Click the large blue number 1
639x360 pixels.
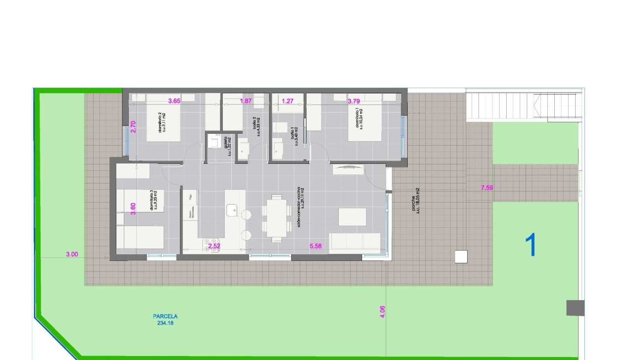[x=531, y=245]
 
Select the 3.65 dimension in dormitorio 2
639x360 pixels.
[x=174, y=101]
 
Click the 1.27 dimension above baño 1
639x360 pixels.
[x=288, y=101]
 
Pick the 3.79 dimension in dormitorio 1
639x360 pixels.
[x=353, y=101]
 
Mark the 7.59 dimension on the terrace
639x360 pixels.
[x=487, y=188]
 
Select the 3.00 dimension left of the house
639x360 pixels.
[x=72, y=255]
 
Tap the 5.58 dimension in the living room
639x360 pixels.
[x=316, y=246]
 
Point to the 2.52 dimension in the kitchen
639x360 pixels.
[x=214, y=246]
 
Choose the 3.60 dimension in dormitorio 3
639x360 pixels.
[x=133, y=209]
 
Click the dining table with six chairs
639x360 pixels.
[x=275, y=216]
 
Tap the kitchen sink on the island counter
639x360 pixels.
[x=232, y=210]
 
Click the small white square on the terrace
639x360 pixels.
[x=461, y=257]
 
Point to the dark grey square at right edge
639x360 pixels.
[x=575, y=308]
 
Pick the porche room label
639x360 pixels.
[x=416, y=200]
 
